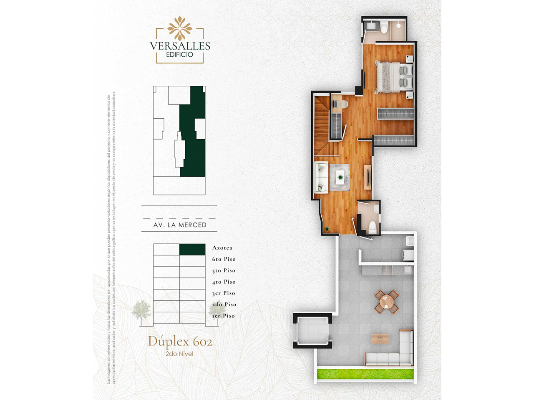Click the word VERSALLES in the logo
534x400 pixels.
[180, 46]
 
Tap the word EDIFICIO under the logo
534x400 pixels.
[179, 55]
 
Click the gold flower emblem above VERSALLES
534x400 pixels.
[180, 28]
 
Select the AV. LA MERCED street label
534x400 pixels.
[180, 225]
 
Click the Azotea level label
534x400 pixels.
[222, 248]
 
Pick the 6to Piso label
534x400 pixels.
[224, 259]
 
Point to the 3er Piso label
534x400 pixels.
[223, 293]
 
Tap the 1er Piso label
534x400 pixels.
[223, 316]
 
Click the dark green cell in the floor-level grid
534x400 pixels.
[192, 249]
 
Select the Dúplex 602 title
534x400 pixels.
[180, 342]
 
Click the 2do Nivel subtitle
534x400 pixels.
[179, 354]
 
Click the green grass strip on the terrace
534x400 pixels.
[365, 373]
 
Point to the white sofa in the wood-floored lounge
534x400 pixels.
[321, 177]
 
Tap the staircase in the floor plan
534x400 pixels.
[322, 125]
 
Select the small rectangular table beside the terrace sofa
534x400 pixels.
[380, 338]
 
